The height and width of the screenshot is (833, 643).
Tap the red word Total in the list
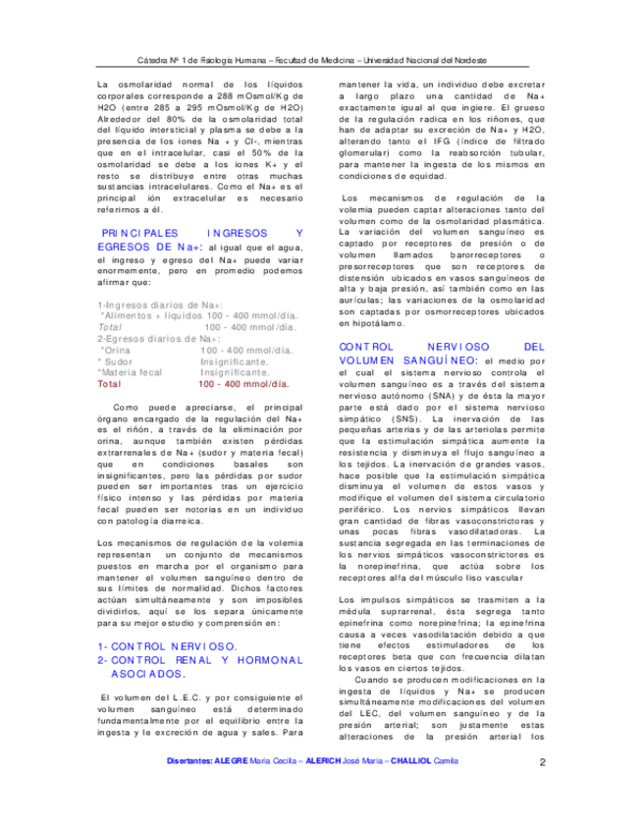click(109, 384)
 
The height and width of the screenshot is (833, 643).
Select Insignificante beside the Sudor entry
click(235, 361)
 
